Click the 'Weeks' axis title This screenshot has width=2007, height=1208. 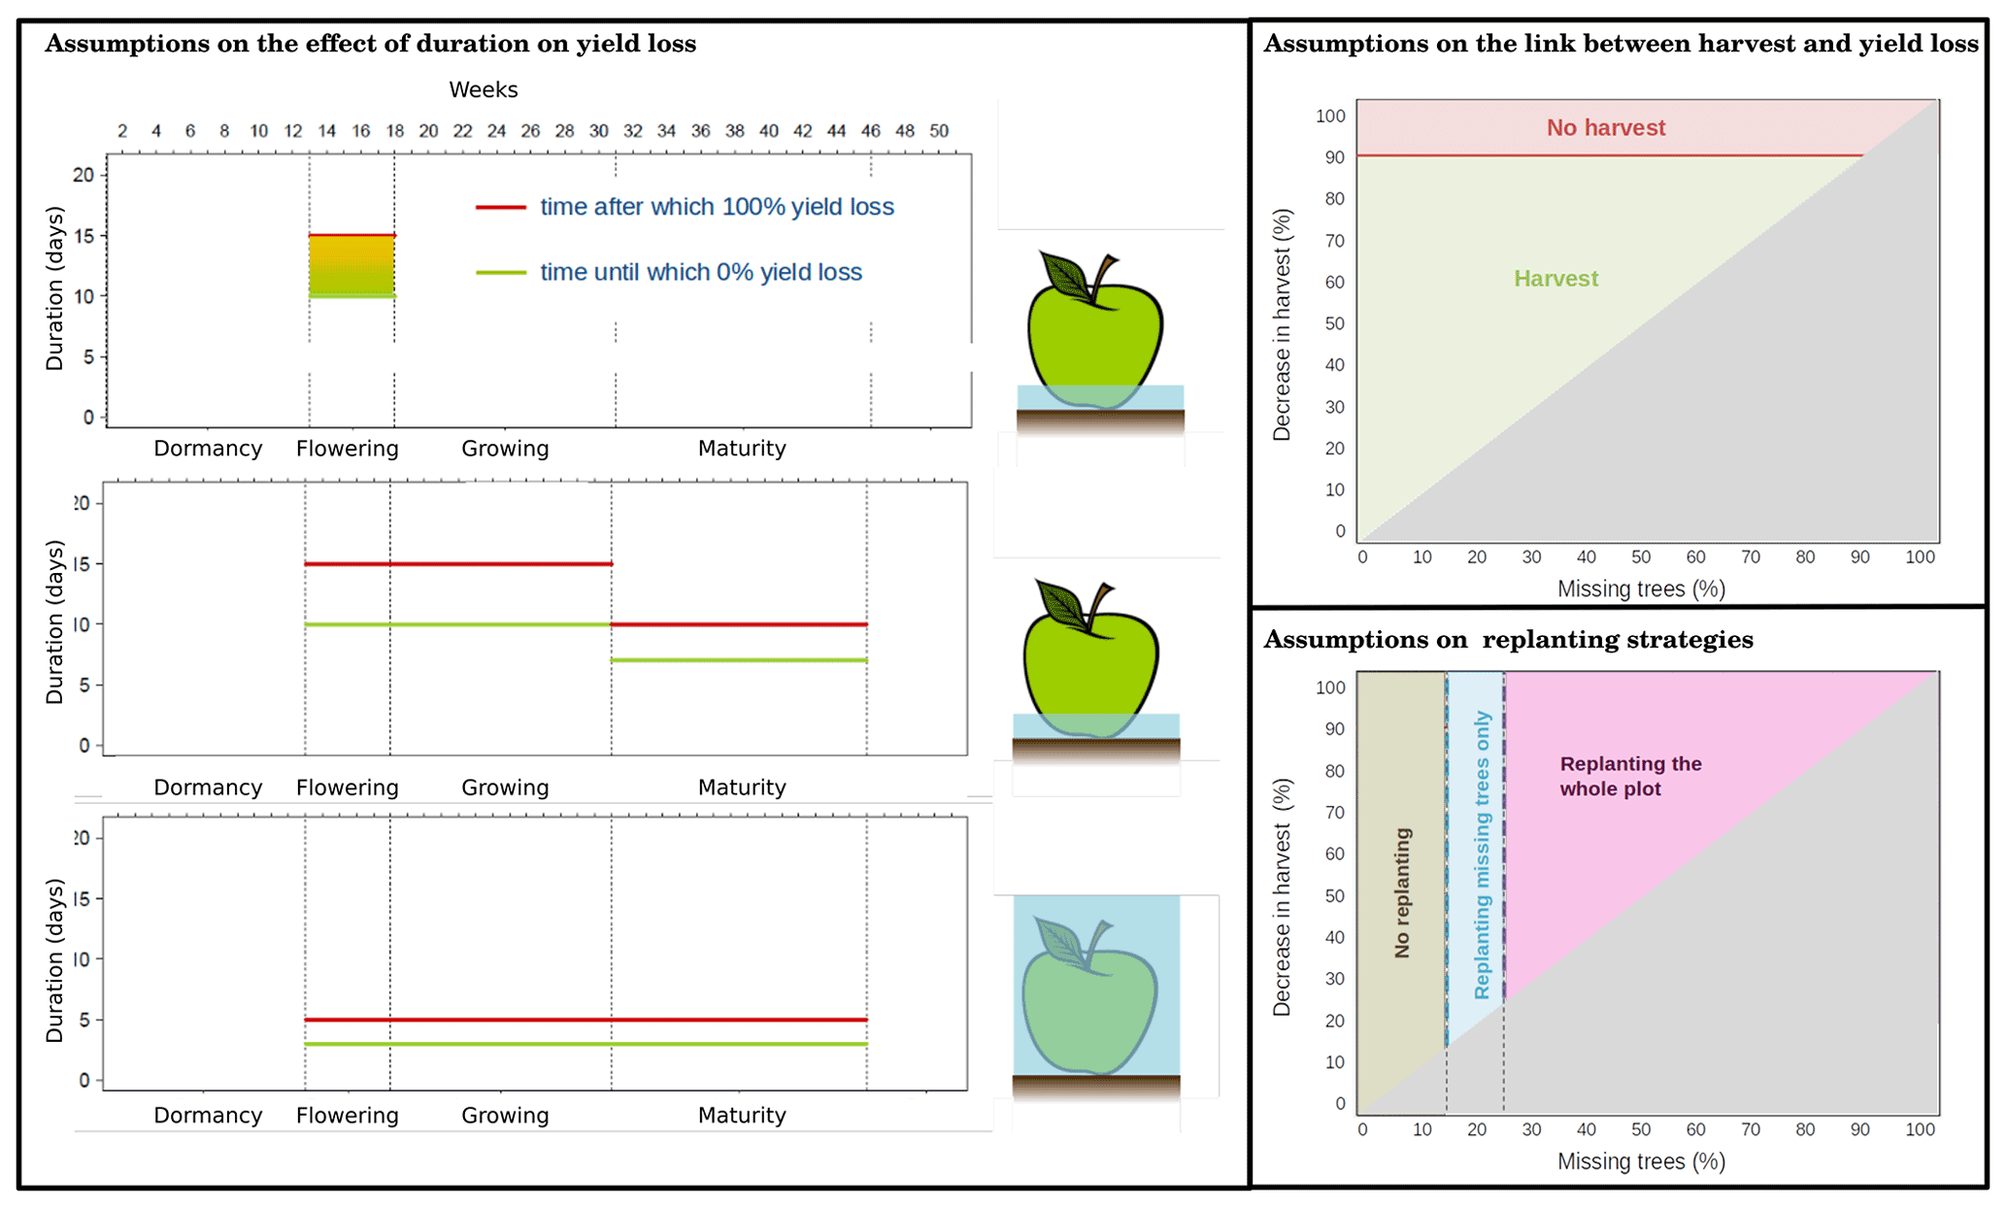click(483, 90)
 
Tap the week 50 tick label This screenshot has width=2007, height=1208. click(938, 131)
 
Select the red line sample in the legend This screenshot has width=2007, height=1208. click(500, 208)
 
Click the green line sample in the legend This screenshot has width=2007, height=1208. click(500, 273)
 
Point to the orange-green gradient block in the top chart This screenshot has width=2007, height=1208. click(351, 265)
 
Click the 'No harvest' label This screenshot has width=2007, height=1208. click(1605, 128)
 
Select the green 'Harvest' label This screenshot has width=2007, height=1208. click(1555, 280)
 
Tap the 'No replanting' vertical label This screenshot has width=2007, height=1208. click(1402, 892)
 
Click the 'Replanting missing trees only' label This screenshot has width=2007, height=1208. click(1482, 855)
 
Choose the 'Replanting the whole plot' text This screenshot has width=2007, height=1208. click(1630, 776)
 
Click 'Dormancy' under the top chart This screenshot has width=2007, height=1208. click(208, 449)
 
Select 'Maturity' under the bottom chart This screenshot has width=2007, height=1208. click(742, 1116)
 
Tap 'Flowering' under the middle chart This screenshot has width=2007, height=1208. click(347, 788)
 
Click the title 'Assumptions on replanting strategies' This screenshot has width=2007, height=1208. click(1508, 640)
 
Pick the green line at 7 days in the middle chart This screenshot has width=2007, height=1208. click(739, 660)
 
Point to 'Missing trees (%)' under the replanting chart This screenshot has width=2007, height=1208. click(1641, 1161)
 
